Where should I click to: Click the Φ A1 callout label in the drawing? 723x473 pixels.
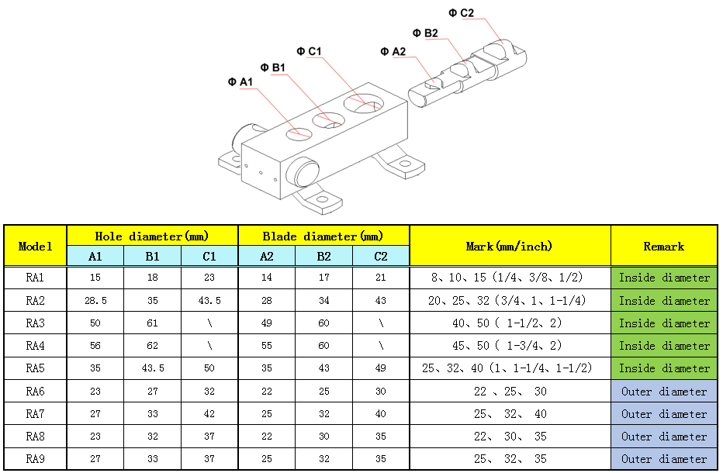240,82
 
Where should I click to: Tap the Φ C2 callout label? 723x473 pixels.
462,12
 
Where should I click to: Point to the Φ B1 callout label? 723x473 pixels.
273,67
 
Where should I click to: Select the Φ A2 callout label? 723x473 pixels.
393,51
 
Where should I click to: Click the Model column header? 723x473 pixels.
36,246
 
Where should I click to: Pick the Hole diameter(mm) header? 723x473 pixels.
152,236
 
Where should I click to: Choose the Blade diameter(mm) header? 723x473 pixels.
323,236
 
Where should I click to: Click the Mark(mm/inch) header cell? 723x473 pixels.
510,246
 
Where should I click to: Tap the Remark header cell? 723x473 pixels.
664,246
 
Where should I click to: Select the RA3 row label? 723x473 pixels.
36,323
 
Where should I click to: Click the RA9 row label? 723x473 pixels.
36,459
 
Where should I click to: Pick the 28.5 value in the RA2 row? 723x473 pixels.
95,301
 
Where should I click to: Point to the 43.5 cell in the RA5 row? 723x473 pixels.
153,368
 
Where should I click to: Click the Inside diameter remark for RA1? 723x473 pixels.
664,278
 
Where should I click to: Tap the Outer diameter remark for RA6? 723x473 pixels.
664,392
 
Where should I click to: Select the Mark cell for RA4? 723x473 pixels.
510,346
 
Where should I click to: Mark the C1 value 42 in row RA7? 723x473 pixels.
209,414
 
